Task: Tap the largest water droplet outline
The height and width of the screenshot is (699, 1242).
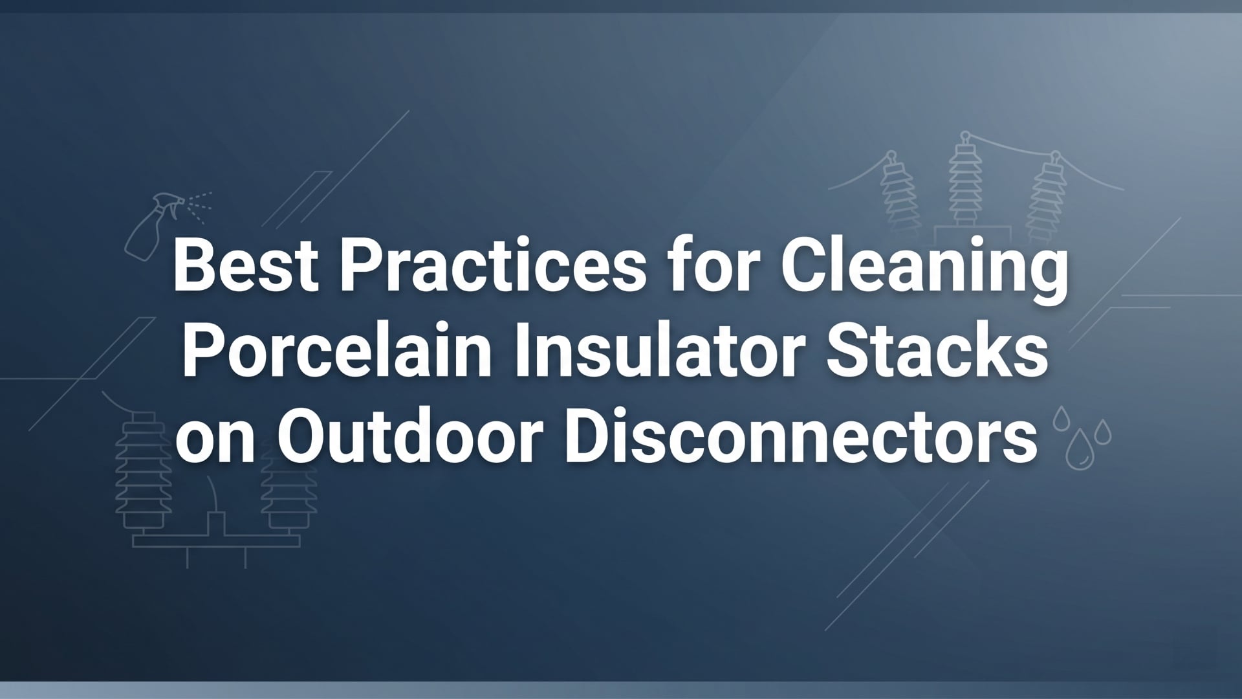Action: [1077, 450]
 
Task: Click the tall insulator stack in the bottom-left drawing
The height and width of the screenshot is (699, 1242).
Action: [143, 466]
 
